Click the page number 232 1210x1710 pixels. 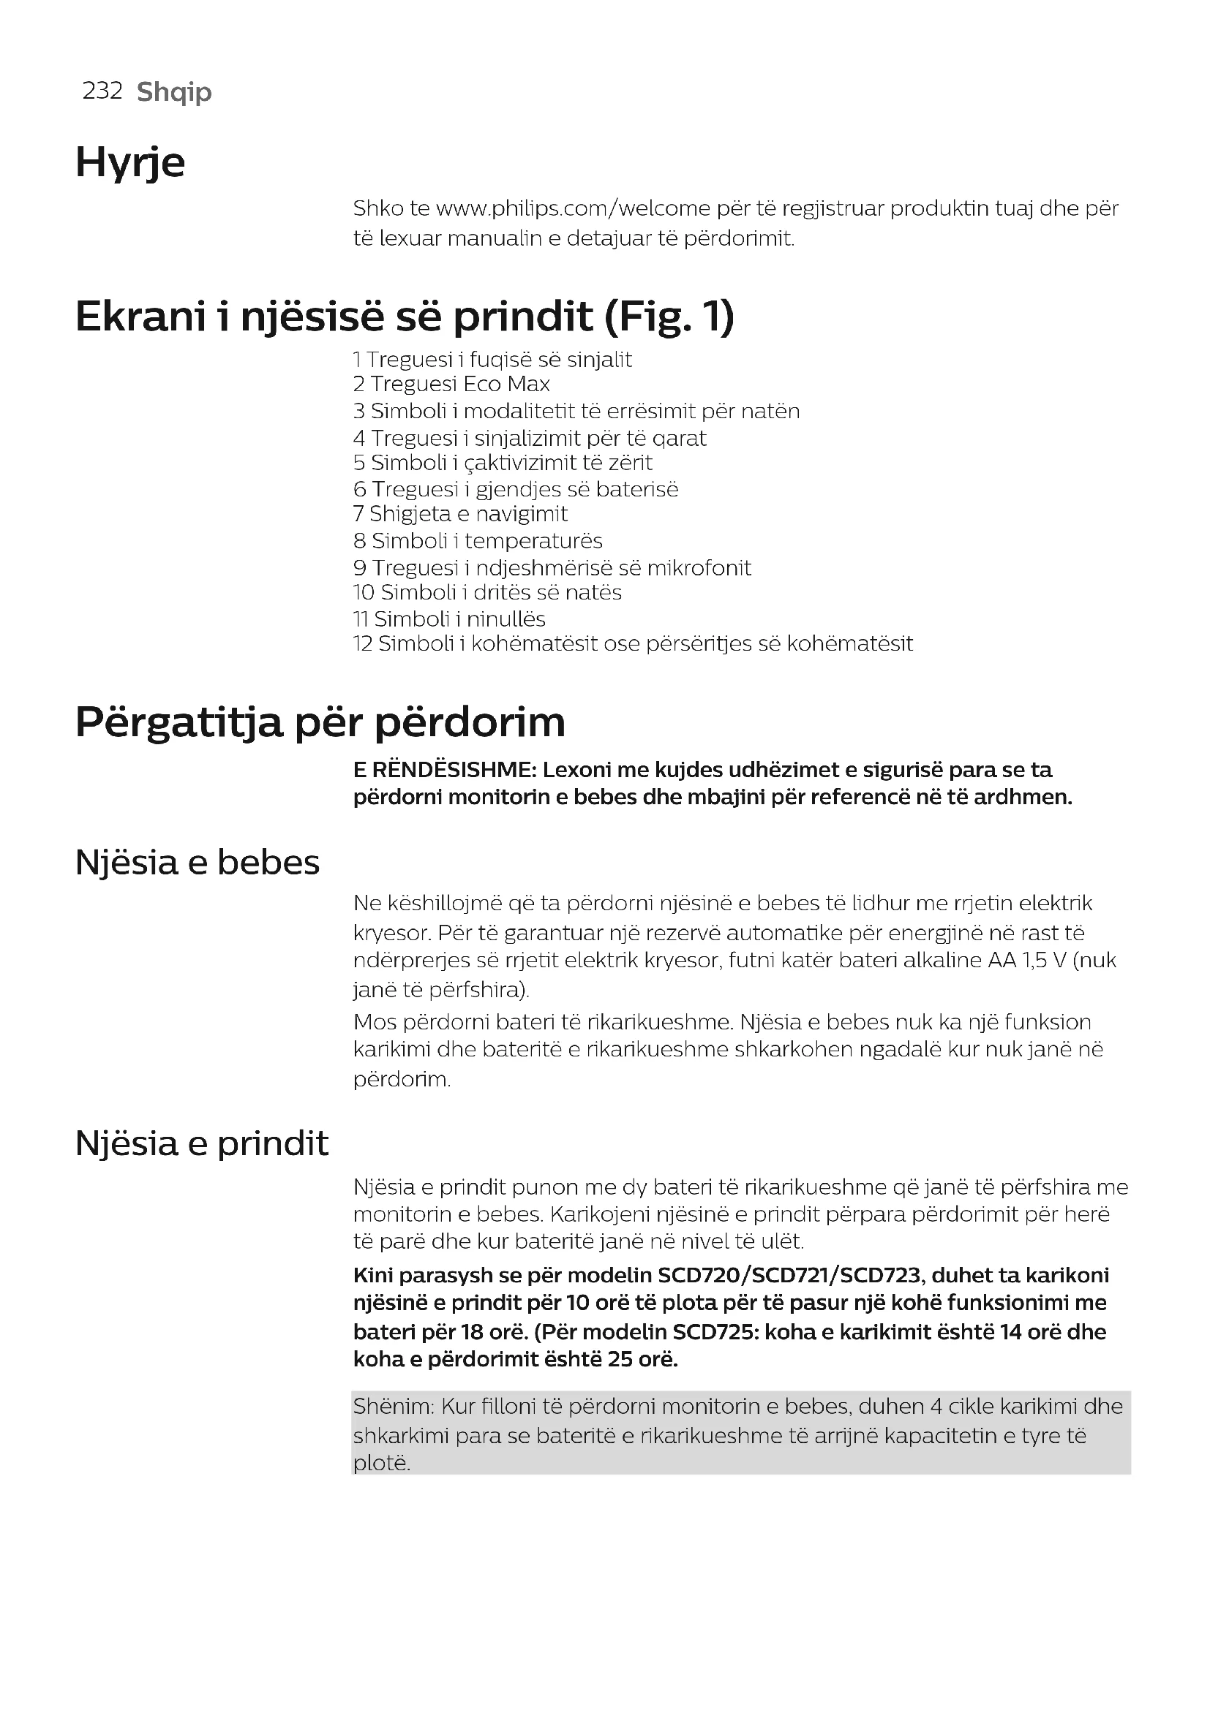coord(102,91)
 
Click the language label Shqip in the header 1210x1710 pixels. coord(174,92)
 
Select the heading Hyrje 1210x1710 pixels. coord(130,162)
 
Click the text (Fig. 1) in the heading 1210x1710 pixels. coord(669,317)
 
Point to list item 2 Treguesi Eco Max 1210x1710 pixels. coord(451,385)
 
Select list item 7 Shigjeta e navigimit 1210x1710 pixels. coord(460,514)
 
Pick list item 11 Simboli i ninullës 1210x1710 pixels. coord(449,619)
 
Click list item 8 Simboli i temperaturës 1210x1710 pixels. coord(478,541)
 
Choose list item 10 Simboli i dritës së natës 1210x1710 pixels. coord(487,593)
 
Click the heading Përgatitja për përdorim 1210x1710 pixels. coord(320,722)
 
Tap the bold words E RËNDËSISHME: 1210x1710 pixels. coord(445,770)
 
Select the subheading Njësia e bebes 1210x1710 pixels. coord(198,863)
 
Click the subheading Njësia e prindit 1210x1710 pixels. coord(202,1143)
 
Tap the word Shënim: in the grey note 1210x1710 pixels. coord(394,1407)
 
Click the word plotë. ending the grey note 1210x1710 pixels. coord(381,1464)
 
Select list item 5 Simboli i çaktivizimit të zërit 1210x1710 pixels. coord(503,463)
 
